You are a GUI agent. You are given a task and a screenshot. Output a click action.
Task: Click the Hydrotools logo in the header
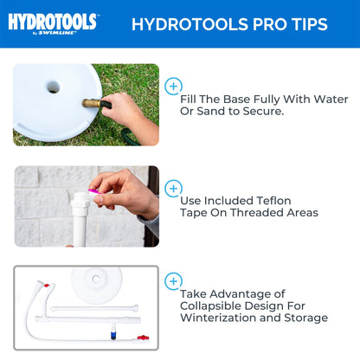[x=53, y=22]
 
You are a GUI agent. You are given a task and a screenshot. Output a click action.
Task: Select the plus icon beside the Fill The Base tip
[x=173, y=86]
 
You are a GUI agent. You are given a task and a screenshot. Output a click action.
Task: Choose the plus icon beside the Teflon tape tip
[x=173, y=188]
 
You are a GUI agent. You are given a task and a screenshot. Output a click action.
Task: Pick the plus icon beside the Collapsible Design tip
[x=173, y=281]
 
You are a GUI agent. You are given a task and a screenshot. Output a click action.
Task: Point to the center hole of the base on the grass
[x=53, y=87]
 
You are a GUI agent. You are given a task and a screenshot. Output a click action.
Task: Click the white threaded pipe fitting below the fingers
[x=83, y=215]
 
